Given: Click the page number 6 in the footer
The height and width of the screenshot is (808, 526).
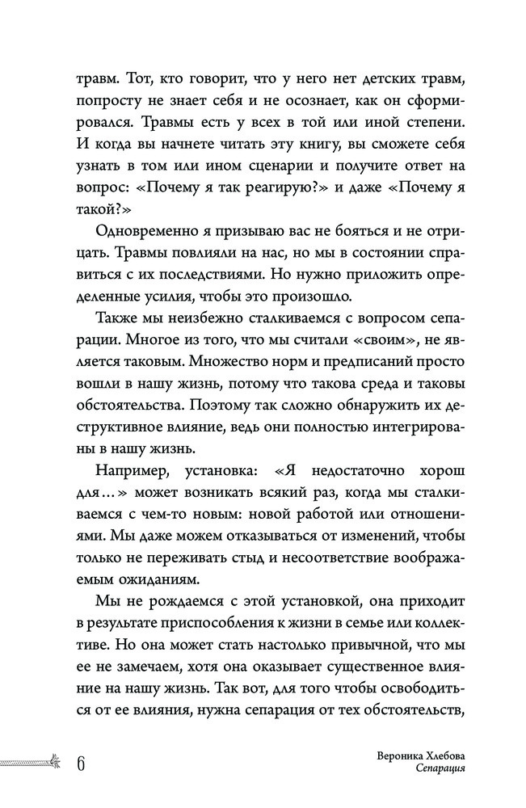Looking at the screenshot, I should [82, 763].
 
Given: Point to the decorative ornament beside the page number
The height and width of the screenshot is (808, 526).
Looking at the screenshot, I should [32, 761].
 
